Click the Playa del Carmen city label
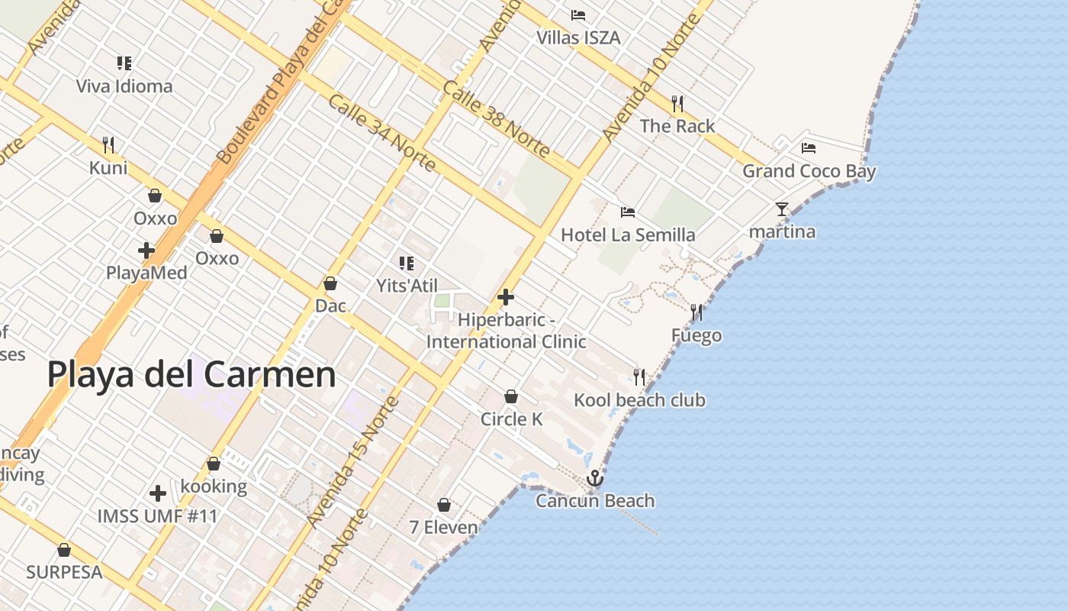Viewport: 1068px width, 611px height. tap(191, 375)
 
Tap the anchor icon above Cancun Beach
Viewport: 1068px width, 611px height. tap(594, 479)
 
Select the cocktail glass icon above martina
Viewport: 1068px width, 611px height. tap(782, 209)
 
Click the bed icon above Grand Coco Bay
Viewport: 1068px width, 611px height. tap(809, 147)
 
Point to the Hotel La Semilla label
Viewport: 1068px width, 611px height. tap(628, 234)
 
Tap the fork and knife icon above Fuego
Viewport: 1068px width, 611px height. tap(696, 312)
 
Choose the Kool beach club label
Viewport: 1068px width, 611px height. tap(639, 400)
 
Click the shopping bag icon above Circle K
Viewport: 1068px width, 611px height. tap(511, 396)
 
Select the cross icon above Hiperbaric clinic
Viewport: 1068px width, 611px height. tap(506, 297)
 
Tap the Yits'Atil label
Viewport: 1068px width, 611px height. tap(407, 286)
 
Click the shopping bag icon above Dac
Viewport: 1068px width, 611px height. tap(330, 283)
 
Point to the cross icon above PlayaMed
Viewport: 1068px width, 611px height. tap(146, 250)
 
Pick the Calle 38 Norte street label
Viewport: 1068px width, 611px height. tap(496, 120)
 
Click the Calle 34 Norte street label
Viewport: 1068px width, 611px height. tap(381, 133)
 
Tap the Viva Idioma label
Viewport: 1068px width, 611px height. tap(124, 86)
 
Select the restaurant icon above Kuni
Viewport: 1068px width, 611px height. tap(108, 144)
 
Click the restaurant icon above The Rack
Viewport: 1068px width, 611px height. tap(677, 103)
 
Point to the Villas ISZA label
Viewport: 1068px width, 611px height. tap(578, 37)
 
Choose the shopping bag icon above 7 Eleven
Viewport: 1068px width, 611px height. tap(444, 505)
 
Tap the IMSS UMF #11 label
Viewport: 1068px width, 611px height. tap(158, 516)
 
